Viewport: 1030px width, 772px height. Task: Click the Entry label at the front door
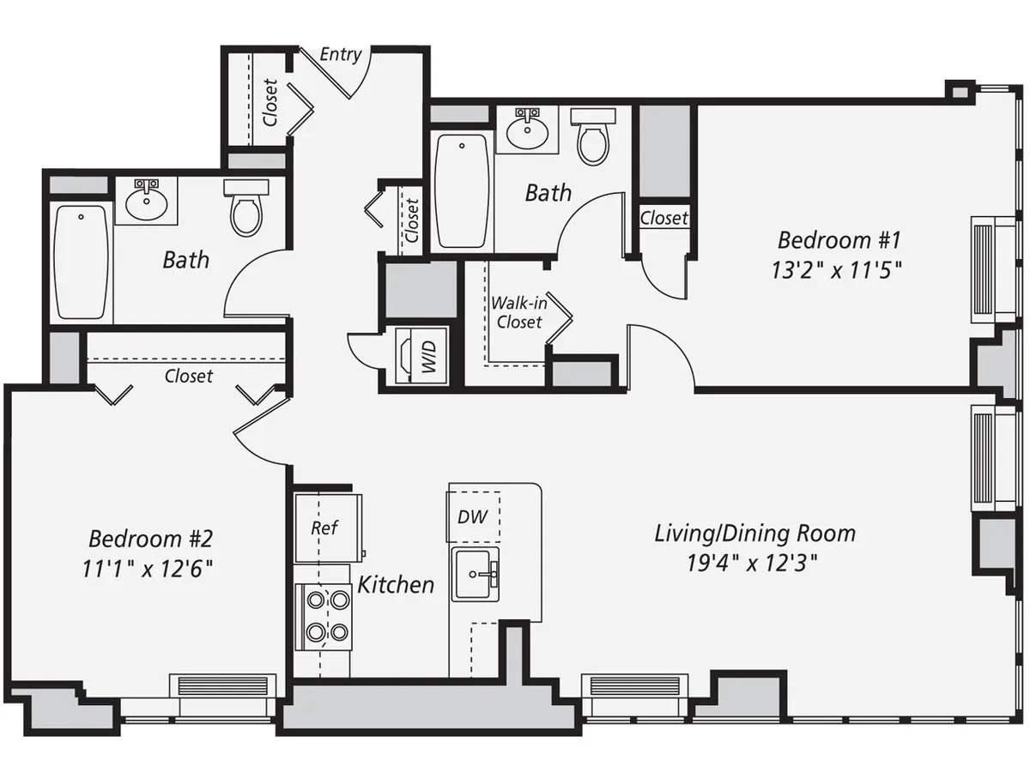[340, 55]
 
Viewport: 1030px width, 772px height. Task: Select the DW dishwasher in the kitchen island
[474, 516]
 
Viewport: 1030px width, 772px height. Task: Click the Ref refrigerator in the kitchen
[324, 528]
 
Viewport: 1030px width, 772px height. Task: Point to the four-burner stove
[323, 616]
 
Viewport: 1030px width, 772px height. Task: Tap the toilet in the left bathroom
[245, 208]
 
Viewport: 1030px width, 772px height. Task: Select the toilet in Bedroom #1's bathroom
[593, 136]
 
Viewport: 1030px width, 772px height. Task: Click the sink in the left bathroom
[146, 202]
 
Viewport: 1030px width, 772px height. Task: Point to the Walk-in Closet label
[518, 313]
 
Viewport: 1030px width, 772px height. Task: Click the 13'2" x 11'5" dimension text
[838, 268]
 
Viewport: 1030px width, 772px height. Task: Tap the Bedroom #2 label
[150, 540]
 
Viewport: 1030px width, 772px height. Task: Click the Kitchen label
[396, 585]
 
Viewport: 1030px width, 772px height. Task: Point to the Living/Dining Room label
[754, 534]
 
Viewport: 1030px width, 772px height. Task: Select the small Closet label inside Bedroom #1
[663, 219]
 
